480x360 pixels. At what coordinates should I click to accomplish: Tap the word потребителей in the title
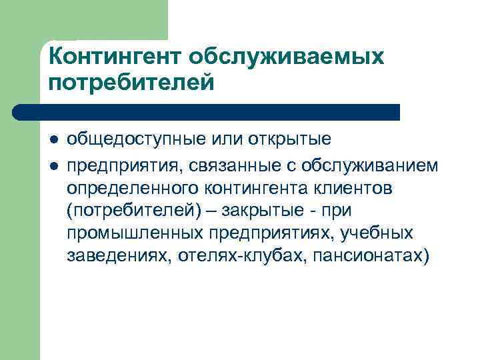pos(132,84)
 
